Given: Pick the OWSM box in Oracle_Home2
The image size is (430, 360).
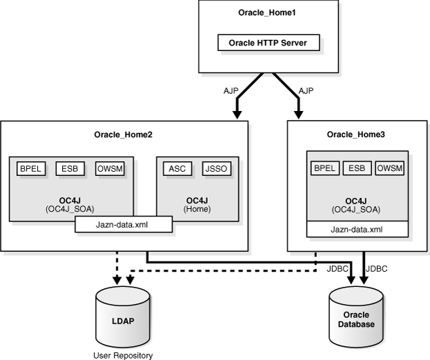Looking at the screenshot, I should point(108,168).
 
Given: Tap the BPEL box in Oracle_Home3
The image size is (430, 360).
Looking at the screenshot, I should point(324,168).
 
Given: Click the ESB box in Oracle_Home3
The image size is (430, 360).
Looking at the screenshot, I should point(357,168).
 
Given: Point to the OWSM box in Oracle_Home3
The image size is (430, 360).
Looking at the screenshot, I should point(389,168).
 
